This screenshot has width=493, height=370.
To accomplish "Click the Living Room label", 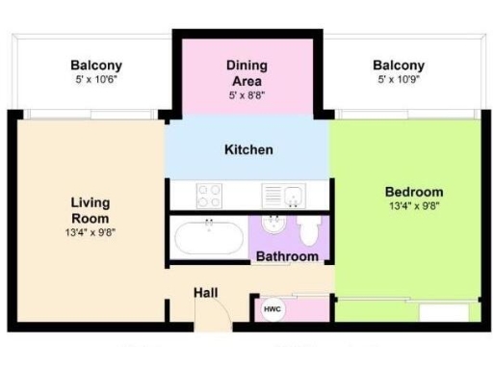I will point(91,210).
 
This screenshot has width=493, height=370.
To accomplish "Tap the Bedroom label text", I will point(414,192).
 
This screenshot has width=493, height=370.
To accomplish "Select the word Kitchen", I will point(248,150).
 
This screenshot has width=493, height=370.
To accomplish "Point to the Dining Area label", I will point(246,73).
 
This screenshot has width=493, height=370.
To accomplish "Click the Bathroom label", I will point(287,257).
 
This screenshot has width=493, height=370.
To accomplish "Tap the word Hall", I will point(206,292).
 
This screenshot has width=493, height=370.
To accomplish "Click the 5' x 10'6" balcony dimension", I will point(96,81).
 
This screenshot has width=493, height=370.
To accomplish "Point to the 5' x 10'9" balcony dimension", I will point(399,81).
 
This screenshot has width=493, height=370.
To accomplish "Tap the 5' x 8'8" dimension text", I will point(246,96).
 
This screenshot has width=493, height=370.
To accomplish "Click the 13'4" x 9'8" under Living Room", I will point(91,231).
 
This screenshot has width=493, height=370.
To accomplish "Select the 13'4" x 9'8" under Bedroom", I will point(414,206).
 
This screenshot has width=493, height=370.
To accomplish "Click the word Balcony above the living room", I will point(96,66).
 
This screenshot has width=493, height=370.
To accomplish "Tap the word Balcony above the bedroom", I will point(399,66).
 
